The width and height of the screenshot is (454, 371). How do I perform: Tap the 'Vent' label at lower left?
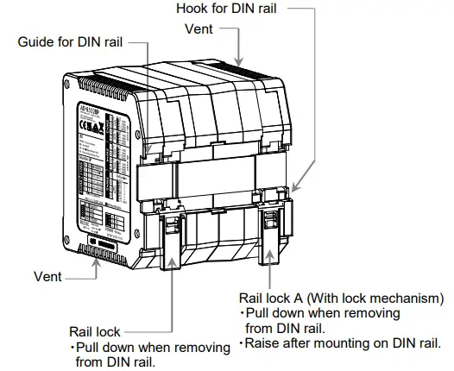coord(48,278)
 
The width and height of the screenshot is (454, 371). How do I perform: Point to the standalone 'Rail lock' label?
coord(94,330)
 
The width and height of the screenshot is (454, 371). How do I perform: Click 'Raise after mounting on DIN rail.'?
coord(342,343)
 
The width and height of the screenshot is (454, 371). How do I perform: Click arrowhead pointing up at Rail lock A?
coord(274,255)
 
